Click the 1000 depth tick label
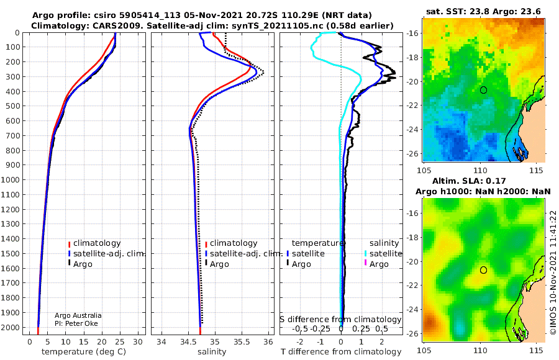tap(11, 179)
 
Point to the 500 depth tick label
tap(13, 106)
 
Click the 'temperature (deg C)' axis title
tap(84, 352)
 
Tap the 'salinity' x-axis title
tap(212, 352)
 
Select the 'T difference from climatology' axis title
tap(341, 352)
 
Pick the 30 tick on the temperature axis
tap(138, 342)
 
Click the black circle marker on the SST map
tap(483, 90)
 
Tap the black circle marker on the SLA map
tap(483, 270)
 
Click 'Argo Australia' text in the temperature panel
tap(78, 315)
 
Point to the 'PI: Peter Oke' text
tap(76, 323)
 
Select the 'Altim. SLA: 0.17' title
tap(469, 181)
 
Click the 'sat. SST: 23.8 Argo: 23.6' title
tap(483, 12)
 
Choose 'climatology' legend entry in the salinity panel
tap(232, 243)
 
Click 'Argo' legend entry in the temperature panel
tap(80, 264)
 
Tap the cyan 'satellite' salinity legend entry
tap(383, 253)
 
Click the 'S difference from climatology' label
tap(340, 320)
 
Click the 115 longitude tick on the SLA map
tap(536, 350)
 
